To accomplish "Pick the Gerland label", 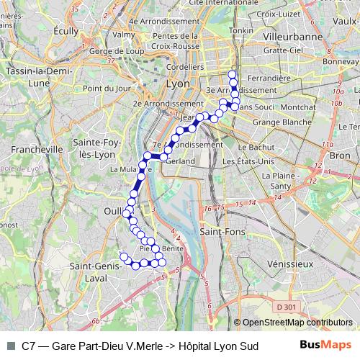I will (x=180, y=161).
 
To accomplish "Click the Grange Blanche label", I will (x=277, y=122).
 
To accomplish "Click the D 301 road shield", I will (x=286, y=307).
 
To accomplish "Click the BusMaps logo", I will (x=326, y=345).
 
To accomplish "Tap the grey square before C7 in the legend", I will (x=10, y=346).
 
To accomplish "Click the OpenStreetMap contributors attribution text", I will (x=297, y=323).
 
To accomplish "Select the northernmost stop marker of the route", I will (x=232, y=75).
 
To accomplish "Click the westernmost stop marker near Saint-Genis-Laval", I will (x=123, y=257).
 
